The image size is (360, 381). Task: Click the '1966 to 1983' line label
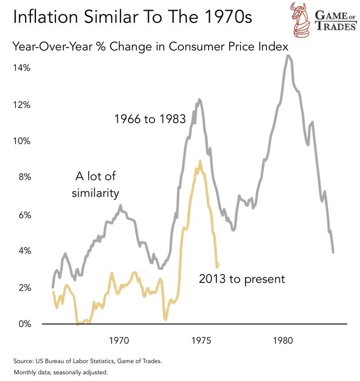click(x=150, y=119)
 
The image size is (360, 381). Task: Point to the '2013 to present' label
click(x=242, y=278)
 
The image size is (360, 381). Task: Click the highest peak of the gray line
click(x=288, y=55)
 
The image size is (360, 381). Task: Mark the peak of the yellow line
click(x=200, y=161)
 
